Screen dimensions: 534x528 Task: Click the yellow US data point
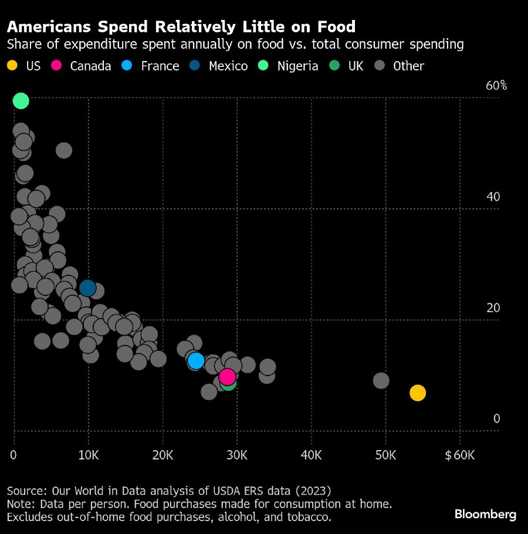point(417,393)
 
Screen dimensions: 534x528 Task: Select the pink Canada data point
point(227,377)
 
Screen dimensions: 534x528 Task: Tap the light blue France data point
point(195,360)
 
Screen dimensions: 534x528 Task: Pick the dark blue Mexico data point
point(87,288)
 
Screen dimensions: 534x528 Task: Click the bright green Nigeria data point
point(21,101)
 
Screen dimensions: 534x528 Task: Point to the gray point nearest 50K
point(381,380)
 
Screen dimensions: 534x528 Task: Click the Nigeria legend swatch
point(265,66)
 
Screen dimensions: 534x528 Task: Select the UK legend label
point(356,66)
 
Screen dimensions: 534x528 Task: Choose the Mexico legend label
point(228,66)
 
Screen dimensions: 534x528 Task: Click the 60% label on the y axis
point(496,86)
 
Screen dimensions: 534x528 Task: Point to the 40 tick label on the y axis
point(493,197)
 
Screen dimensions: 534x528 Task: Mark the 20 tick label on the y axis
point(493,307)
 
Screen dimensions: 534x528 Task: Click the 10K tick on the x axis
point(88,455)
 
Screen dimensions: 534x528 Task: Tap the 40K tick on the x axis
point(311,455)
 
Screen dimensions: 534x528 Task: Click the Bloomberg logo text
point(485,515)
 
